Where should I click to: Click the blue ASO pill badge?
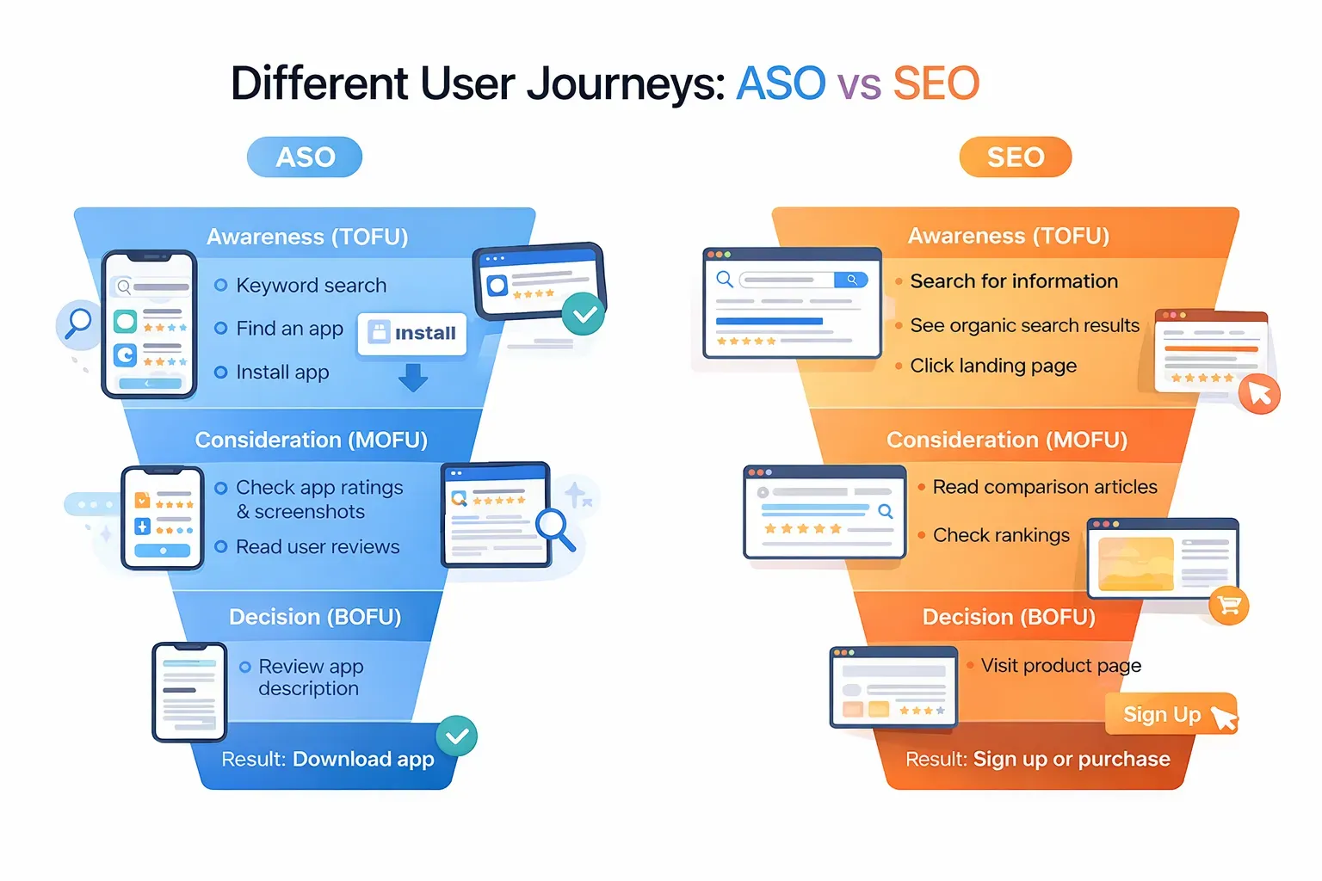pyautogui.click(x=305, y=157)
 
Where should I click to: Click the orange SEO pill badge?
pyautogui.click(x=1015, y=157)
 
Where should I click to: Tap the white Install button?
pyautogui.click(x=412, y=334)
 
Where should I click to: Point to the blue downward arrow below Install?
pyautogui.click(x=413, y=378)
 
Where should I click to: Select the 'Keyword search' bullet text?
pyautogui.click(x=311, y=286)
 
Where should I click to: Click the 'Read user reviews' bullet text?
pyautogui.click(x=318, y=547)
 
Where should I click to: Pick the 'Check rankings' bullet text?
pyautogui.click(x=1001, y=535)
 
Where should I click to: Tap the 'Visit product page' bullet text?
pyautogui.click(x=1060, y=665)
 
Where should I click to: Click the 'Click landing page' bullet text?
pyautogui.click(x=993, y=366)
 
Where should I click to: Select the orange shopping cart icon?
pyautogui.click(x=1228, y=606)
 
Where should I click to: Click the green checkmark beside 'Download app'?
pyautogui.click(x=457, y=736)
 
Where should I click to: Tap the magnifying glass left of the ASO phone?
pyautogui.click(x=78, y=323)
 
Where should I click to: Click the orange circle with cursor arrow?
pyautogui.click(x=1259, y=394)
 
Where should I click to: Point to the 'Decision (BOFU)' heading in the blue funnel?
pyautogui.click(x=315, y=617)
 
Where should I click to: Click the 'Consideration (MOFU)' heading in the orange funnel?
pyautogui.click(x=1007, y=440)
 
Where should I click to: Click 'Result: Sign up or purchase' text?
pyautogui.click(x=1037, y=759)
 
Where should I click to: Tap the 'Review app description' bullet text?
pyautogui.click(x=310, y=677)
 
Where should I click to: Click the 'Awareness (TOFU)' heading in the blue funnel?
pyautogui.click(x=307, y=237)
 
